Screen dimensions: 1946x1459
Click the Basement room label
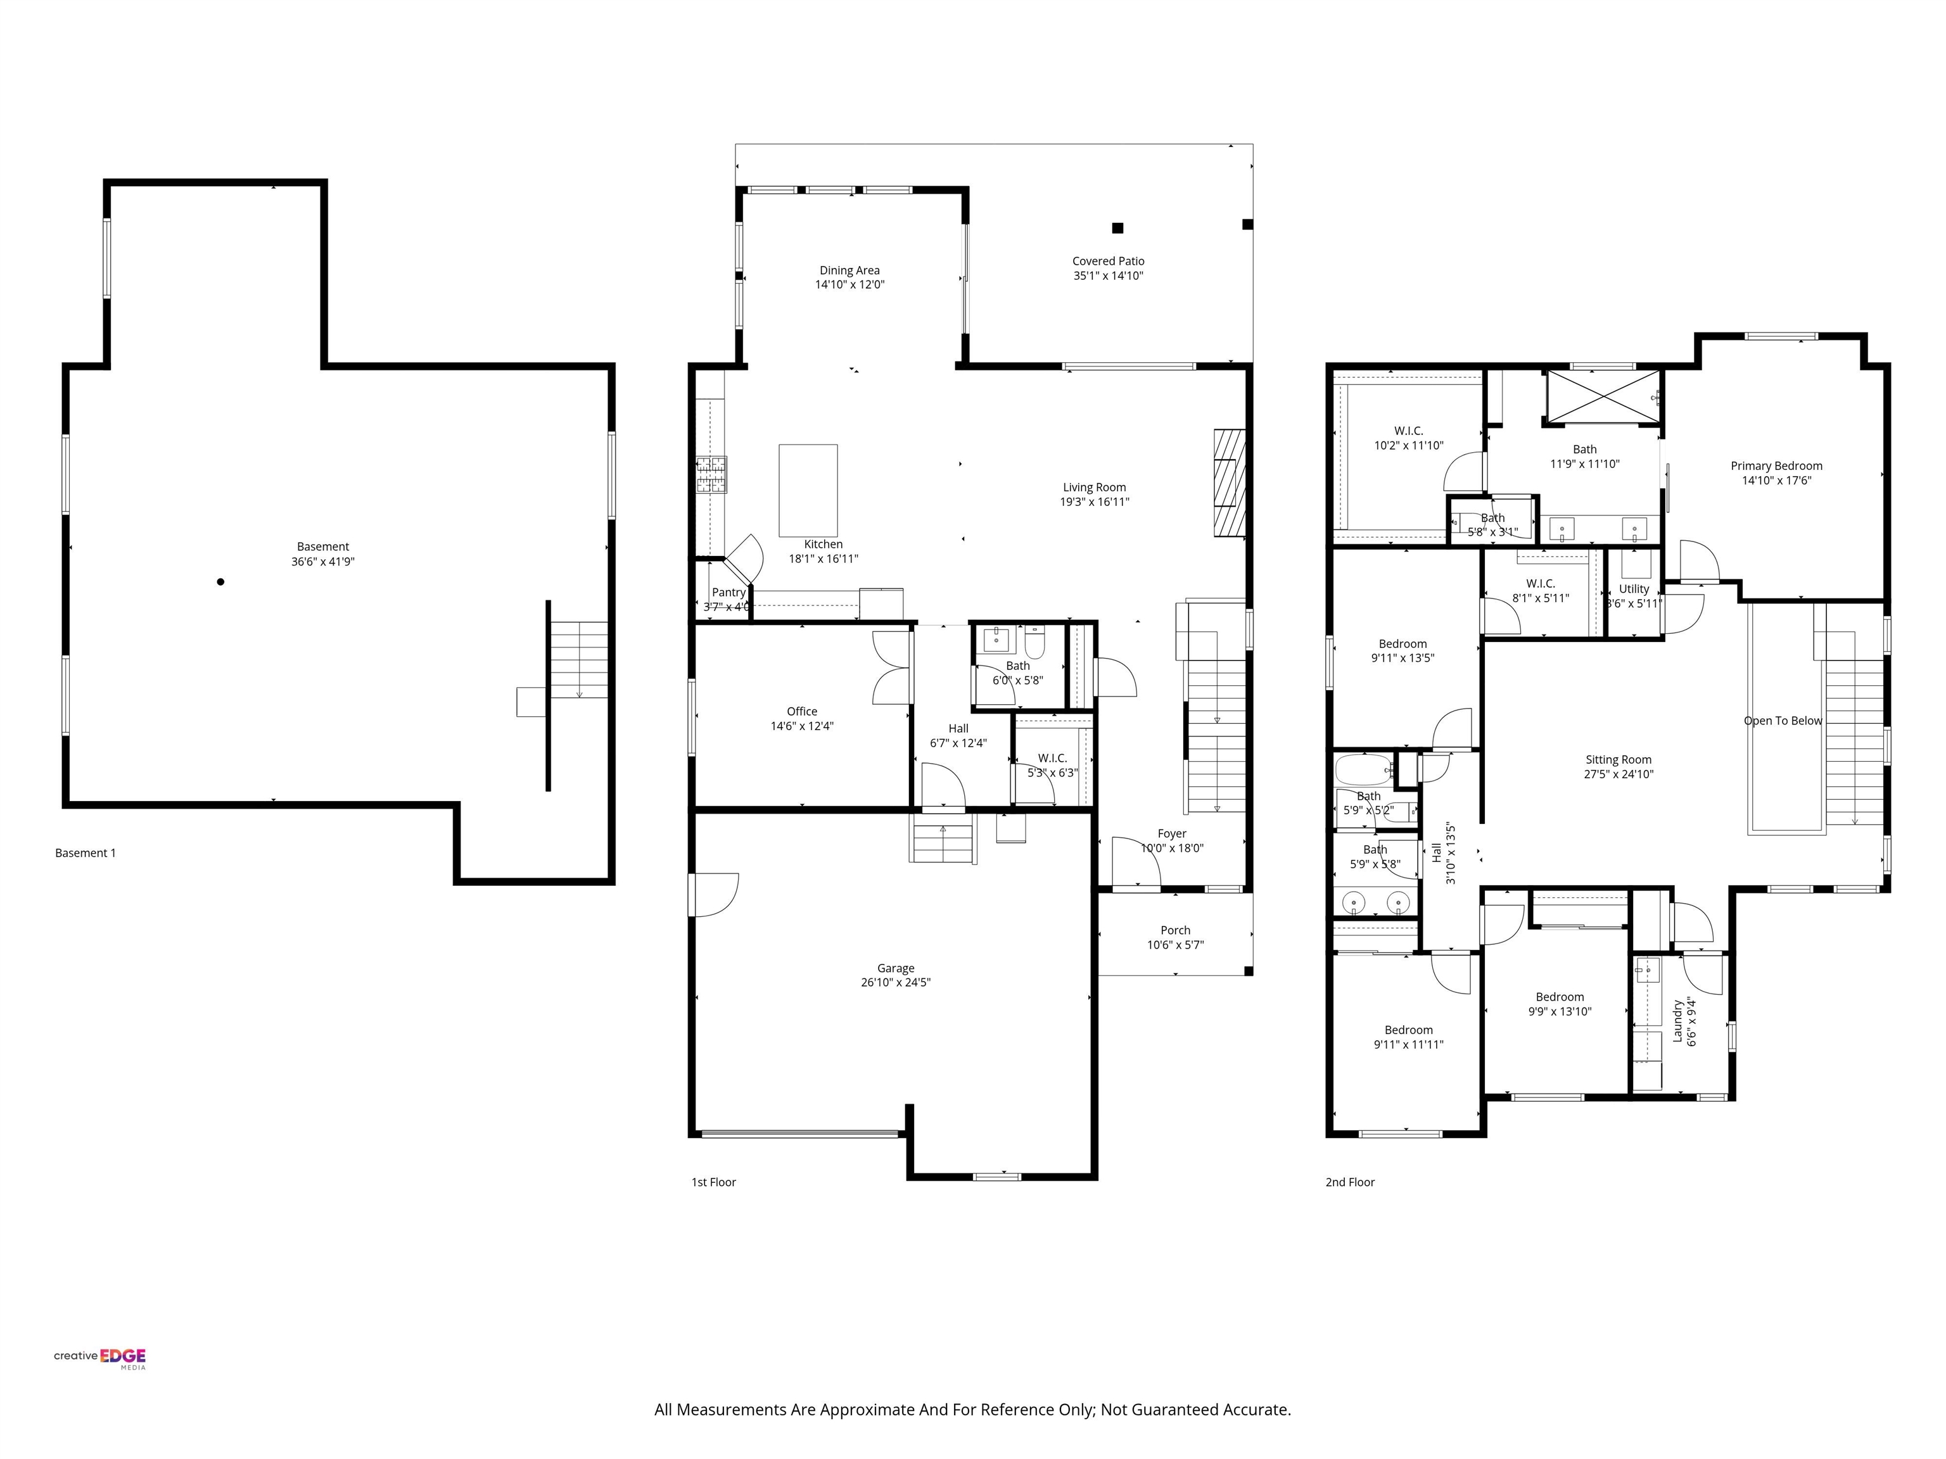(x=323, y=546)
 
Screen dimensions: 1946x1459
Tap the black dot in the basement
(x=221, y=581)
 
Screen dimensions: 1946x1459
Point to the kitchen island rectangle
(x=808, y=491)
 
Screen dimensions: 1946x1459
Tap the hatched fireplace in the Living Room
(x=1230, y=482)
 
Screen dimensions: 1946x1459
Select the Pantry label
(x=728, y=593)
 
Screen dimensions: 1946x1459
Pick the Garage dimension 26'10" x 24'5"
(x=896, y=982)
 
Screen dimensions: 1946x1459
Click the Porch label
(x=1175, y=930)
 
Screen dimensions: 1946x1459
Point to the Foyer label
(x=1172, y=833)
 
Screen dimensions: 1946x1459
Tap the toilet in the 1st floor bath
(x=1034, y=642)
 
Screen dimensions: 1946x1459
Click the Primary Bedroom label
(x=1776, y=465)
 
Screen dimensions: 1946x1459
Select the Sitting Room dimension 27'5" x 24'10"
(x=1618, y=774)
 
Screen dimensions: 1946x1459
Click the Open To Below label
(x=1783, y=720)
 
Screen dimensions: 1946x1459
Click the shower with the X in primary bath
(x=1604, y=398)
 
